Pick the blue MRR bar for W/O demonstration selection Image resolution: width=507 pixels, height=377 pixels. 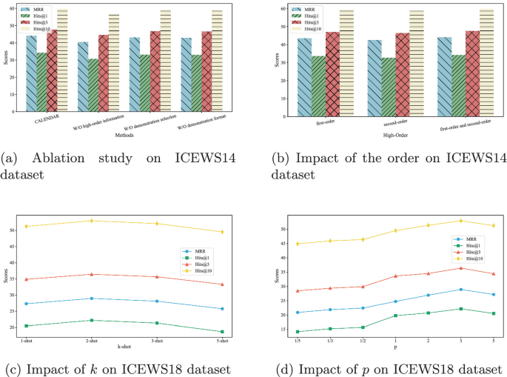(135, 74)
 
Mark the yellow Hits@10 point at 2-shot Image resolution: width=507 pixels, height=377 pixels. (92, 221)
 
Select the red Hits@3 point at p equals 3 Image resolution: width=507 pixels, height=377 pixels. (460, 267)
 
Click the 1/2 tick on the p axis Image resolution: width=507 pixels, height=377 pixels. (363, 342)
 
